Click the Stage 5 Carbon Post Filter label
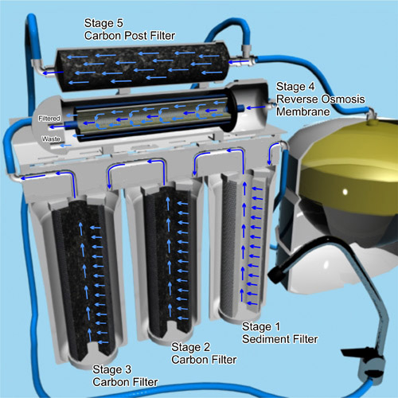click(x=130, y=29)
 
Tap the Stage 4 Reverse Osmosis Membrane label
click(x=320, y=99)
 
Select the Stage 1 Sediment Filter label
click(x=279, y=333)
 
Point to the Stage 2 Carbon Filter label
click(x=204, y=353)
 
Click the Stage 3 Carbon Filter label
click(x=125, y=376)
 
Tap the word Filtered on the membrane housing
click(x=49, y=119)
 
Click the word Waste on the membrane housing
click(x=51, y=139)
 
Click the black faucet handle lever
click(x=353, y=352)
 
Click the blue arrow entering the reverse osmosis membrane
click(x=256, y=107)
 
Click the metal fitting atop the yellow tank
click(x=372, y=115)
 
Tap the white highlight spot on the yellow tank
click(x=345, y=191)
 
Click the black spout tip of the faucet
click(x=275, y=274)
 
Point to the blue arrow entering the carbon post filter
click(x=238, y=62)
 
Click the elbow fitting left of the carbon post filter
click(x=40, y=68)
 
